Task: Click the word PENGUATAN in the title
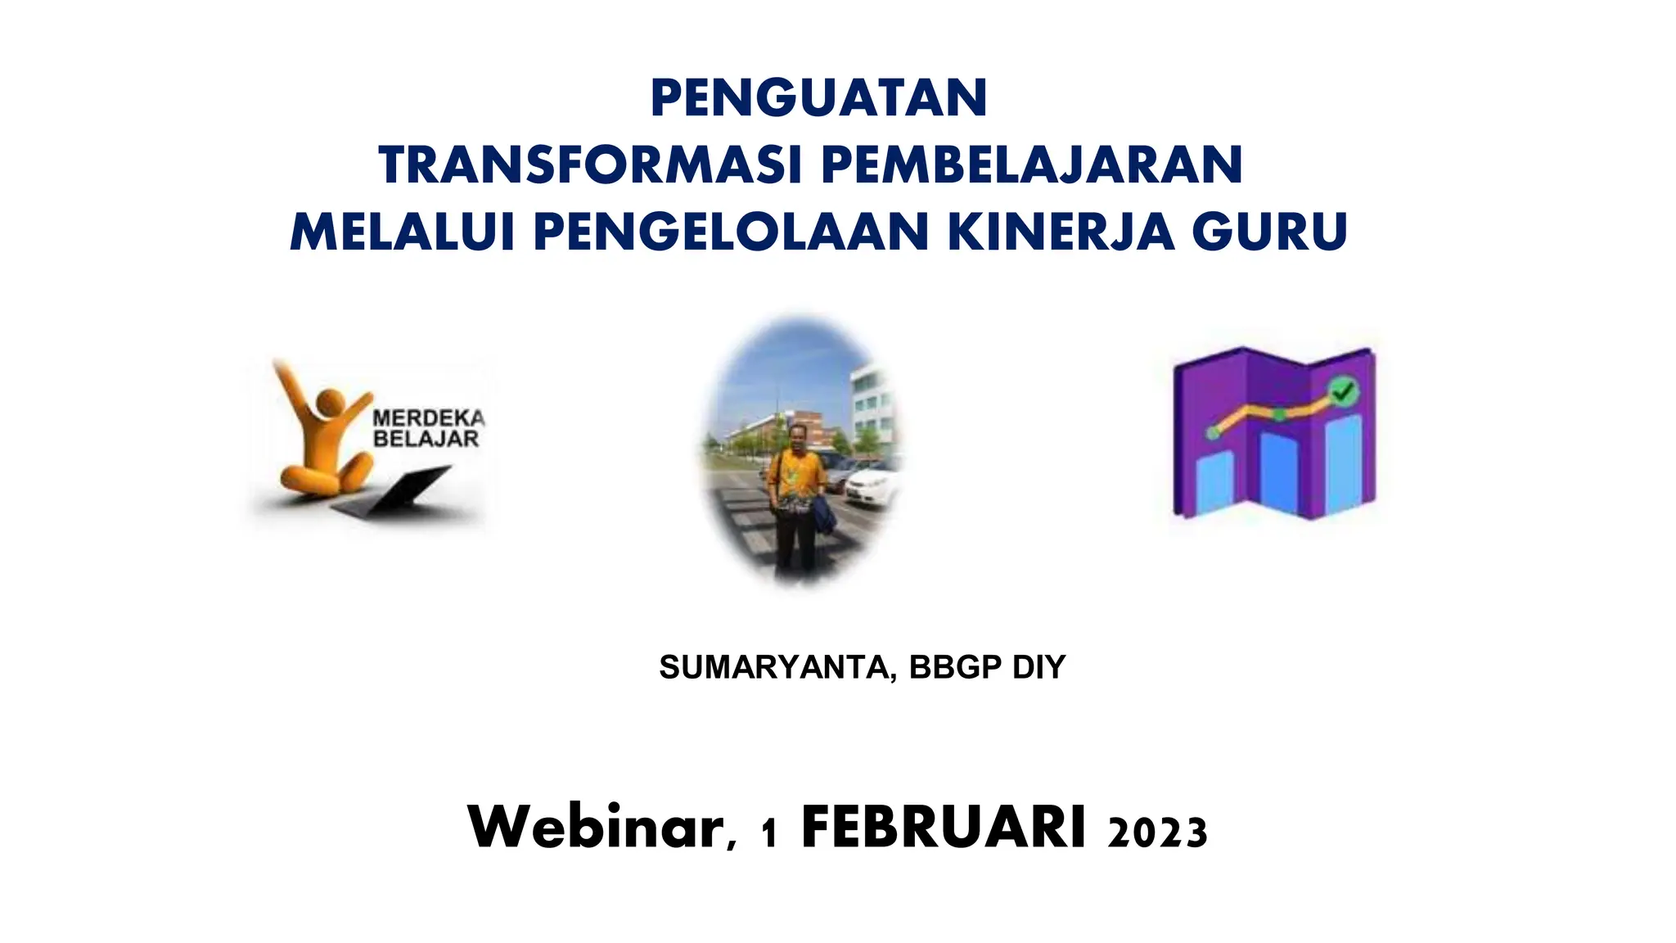[818, 98]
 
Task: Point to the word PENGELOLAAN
[731, 232]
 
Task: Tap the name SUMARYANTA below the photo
[773, 668]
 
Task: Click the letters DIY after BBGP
[1038, 668]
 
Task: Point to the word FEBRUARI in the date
[944, 828]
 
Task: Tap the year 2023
[1157, 832]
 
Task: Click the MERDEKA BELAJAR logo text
[428, 428]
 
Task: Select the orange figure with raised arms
[321, 438]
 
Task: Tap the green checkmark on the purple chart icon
[1342, 392]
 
